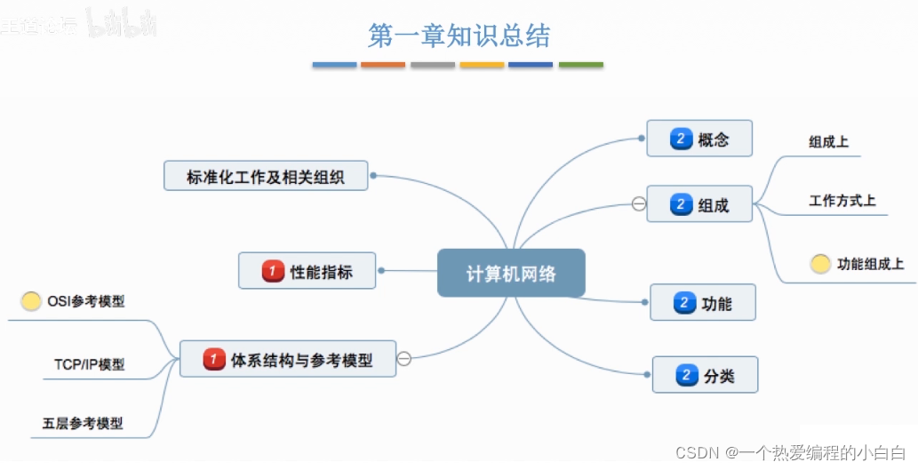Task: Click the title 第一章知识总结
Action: [459, 36]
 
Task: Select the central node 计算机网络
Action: [511, 273]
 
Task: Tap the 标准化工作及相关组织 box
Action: [266, 176]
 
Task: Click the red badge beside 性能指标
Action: [273, 271]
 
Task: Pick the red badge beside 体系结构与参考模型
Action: [214, 360]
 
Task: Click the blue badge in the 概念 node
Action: [681, 139]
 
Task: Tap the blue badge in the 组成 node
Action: [681, 204]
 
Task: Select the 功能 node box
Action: [703, 303]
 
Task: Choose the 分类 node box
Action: [706, 375]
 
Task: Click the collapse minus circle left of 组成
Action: [638, 204]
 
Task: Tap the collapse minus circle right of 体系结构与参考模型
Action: [403, 359]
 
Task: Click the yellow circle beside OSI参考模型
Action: [31, 301]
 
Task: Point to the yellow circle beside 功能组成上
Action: [820, 264]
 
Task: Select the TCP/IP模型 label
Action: [89, 364]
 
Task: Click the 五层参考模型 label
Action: [83, 424]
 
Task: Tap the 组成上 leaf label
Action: [829, 141]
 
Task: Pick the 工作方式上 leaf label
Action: [842, 201]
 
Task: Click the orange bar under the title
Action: [383, 65]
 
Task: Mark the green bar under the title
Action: [580, 65]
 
